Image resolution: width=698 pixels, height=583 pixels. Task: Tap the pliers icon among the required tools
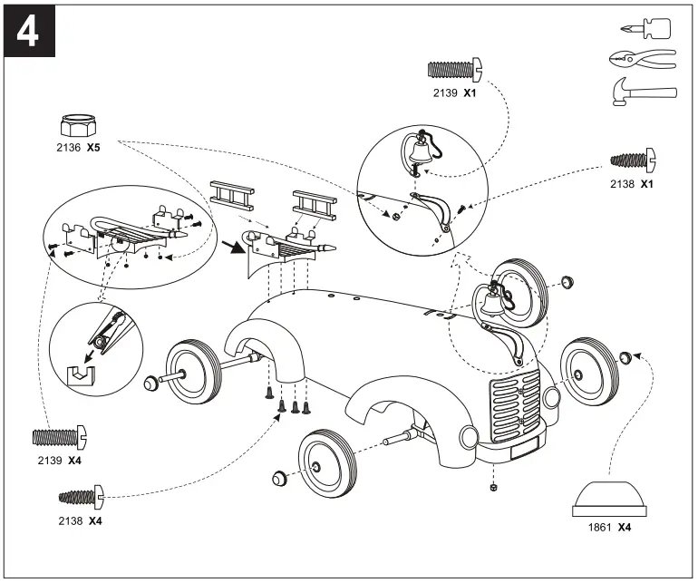[x=641, y=60]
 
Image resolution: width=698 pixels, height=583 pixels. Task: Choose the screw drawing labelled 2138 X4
[x=82, y=496]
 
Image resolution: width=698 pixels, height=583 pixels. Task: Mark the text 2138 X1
[x=633, y=183]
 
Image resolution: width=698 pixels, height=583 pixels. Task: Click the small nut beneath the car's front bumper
[x=491, y=486]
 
